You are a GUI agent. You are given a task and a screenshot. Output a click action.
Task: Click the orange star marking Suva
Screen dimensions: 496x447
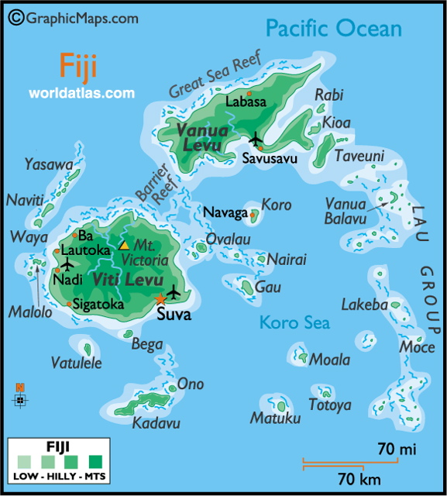[160, 298]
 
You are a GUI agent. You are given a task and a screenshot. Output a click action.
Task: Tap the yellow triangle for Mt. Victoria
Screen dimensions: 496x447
[124, 245]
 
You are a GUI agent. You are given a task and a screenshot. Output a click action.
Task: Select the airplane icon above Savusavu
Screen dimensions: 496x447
[256, 139]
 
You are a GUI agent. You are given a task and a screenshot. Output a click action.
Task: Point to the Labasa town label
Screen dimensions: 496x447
[245, 102]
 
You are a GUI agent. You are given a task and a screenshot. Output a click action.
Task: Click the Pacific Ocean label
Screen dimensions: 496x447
[334, 29]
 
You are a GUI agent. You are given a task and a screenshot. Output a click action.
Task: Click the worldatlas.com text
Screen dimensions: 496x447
[81, 93]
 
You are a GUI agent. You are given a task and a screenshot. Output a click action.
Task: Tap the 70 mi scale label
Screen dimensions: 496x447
[397, 448]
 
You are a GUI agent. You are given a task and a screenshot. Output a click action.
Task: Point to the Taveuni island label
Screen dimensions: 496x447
[359, 156]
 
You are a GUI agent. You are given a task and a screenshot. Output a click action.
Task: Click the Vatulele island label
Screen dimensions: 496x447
[76, 362]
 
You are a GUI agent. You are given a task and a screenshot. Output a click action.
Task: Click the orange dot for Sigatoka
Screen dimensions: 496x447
[70, 305]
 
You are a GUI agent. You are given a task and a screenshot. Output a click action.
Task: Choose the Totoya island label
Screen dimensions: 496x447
[329, 405]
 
